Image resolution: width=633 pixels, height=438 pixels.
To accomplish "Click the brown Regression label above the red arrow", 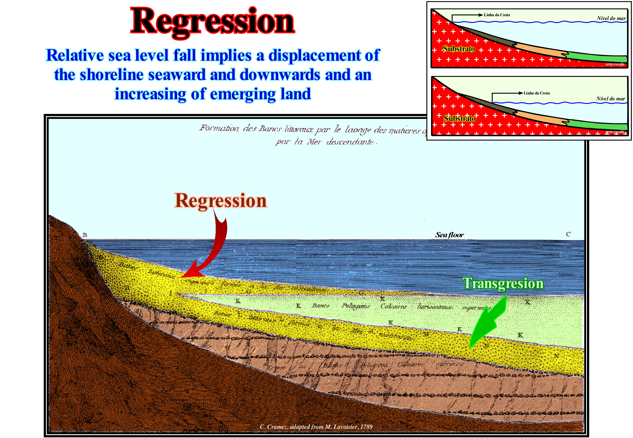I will [221, 201].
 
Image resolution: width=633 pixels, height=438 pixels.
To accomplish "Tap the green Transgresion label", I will [503, 283].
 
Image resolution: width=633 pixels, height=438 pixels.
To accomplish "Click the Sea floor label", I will [449, 235].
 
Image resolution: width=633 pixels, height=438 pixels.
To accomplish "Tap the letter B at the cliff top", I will [85, 235].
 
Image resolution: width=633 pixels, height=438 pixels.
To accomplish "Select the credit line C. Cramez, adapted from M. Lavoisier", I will [316, 426].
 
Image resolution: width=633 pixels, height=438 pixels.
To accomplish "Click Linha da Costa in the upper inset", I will [497, 15].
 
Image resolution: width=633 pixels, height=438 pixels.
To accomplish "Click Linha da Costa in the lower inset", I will [537, 93].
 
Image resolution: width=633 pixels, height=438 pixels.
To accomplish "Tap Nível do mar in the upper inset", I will [611, 18].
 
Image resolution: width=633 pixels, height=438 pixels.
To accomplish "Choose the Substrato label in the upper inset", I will [459, 49].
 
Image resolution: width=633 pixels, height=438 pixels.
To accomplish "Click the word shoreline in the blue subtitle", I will [112, 75].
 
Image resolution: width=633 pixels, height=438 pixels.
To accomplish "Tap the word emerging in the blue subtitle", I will [243, 94].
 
